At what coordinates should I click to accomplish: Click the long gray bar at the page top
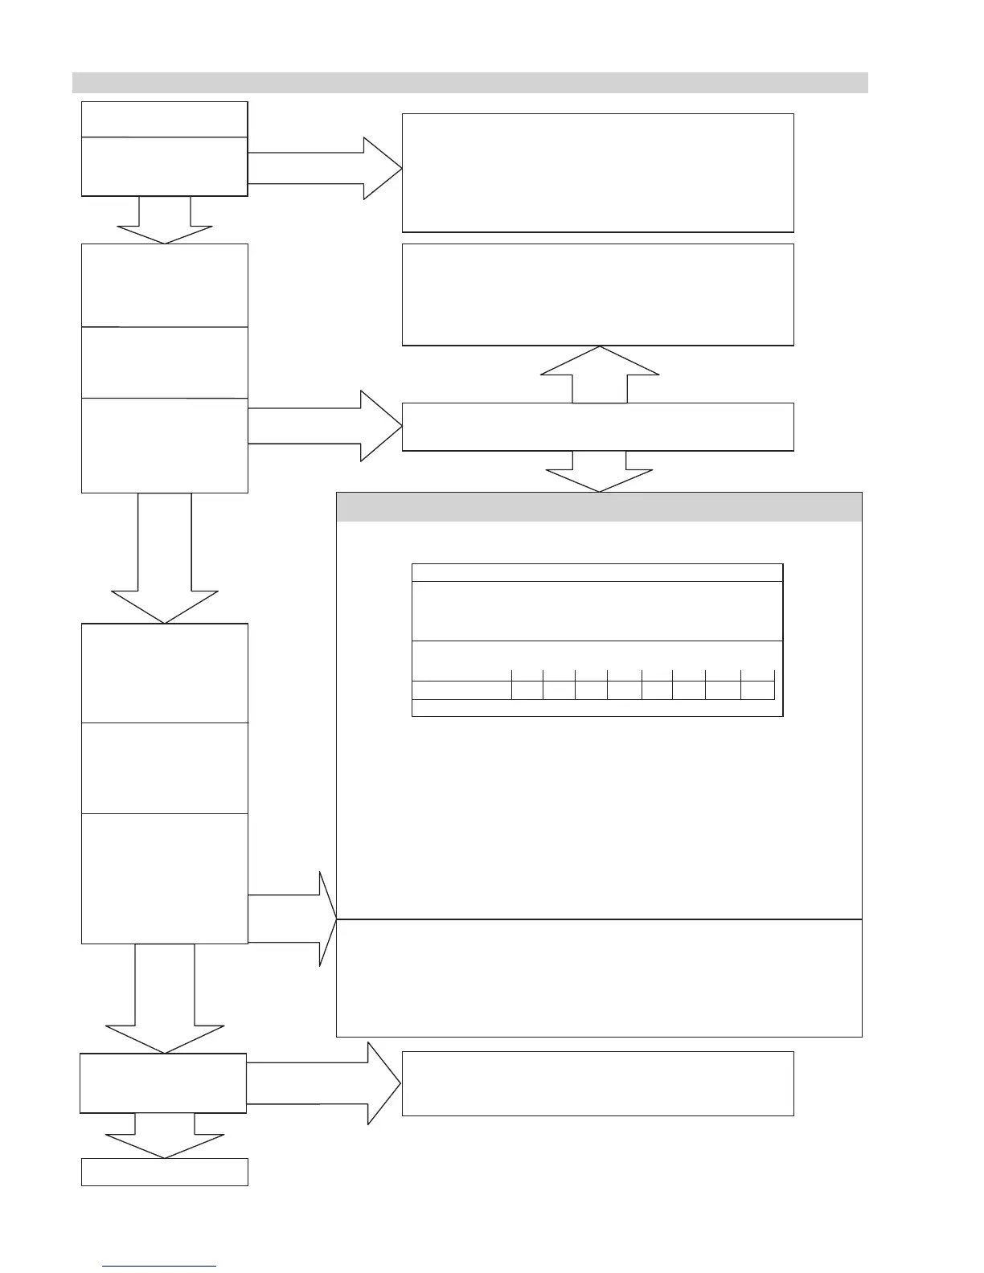tap(469, 83)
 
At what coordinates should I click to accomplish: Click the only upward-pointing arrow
tap(600, 374)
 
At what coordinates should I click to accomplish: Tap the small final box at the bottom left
tap(165, 1172)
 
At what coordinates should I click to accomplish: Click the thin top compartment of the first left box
tap(165, 119)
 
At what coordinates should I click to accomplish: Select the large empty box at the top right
tap(597, 173)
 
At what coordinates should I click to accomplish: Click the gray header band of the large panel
tap(599, 507)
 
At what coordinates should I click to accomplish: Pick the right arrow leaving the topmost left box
tap(325, 168)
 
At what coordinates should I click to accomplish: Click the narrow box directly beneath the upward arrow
tap(597, 427)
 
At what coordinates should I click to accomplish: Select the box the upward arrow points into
tap(597, 295)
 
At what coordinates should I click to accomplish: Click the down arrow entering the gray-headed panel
tap(600, 472)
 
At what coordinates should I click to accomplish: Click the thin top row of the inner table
tap(597, 572)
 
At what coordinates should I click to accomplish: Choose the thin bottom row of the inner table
tap(597, 707)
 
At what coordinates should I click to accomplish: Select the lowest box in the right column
tap(597, 1083)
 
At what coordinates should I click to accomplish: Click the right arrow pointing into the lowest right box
tap(323, 1083)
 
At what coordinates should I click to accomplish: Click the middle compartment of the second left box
tap(165, 362)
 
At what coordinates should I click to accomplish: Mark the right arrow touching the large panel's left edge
tap(293, 918)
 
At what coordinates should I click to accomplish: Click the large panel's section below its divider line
tap(599, 977)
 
